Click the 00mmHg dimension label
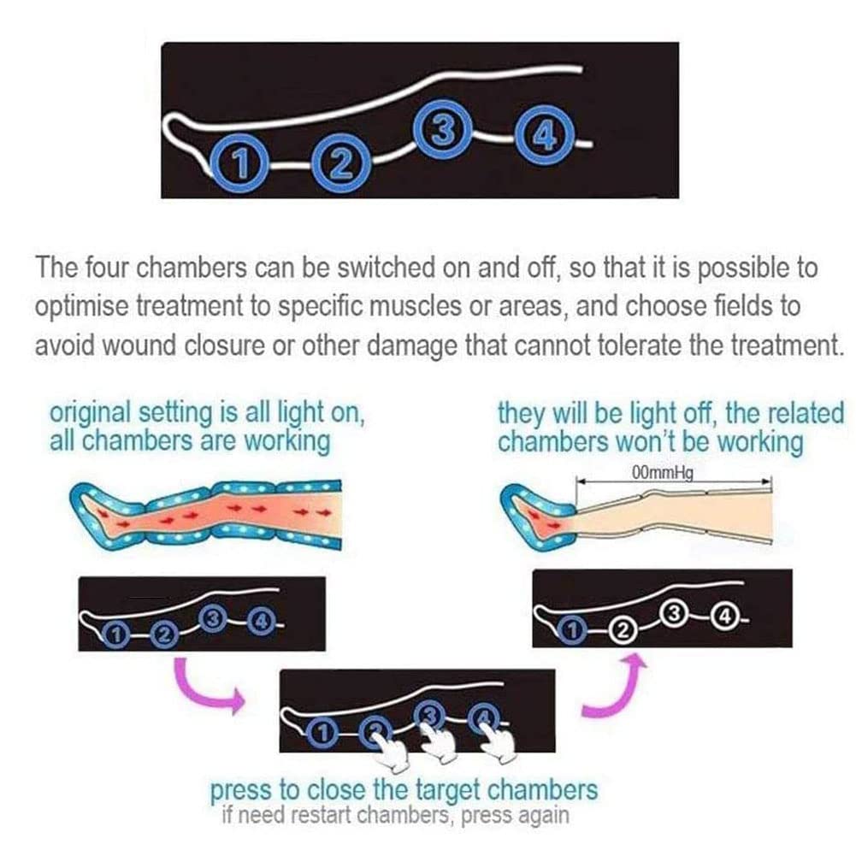(x=662, y=473)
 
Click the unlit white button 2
(x=621, y=631)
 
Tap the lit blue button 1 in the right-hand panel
(x=572, y=631)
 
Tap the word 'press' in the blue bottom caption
(x=241, y=791)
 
